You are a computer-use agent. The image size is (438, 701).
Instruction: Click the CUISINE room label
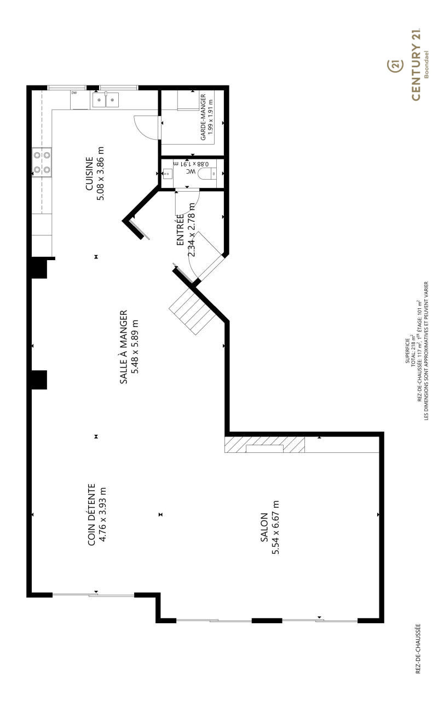click(x=89, y=174)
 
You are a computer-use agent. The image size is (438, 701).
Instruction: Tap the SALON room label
click(x=264, y=527)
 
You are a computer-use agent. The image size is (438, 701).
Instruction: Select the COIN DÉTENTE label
click(x=91, y=515)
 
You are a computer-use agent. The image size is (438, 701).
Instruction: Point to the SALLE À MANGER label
click(x=124, y=347)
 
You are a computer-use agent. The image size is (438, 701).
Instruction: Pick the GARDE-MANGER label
click(x=203, y=117)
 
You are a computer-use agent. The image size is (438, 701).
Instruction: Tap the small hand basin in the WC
click(x=168, y=173)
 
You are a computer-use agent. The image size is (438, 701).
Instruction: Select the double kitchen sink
click(x=106, y=100)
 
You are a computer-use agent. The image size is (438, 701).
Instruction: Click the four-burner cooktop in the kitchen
click(x=42, y=162)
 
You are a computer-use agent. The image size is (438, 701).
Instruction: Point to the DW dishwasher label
click(x=74, y=93)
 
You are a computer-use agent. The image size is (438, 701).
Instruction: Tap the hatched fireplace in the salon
click(x=264, y=444)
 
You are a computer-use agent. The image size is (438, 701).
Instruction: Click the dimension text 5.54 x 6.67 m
click(x=275, y=527)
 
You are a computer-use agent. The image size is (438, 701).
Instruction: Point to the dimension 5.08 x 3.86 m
click(x=100, y=174)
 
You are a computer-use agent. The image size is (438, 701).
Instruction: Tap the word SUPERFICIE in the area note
click(x=407, y=350)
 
